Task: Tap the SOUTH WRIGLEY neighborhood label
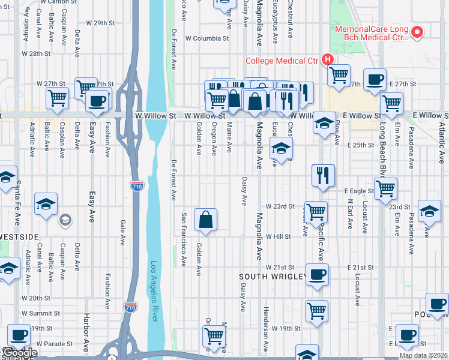274,277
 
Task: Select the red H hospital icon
327,59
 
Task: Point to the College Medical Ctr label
282,60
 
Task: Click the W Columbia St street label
207,38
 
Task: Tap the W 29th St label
100,23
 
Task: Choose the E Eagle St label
359,191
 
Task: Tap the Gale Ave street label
122,230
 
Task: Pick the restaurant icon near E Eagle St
323,175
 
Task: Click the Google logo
19,353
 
